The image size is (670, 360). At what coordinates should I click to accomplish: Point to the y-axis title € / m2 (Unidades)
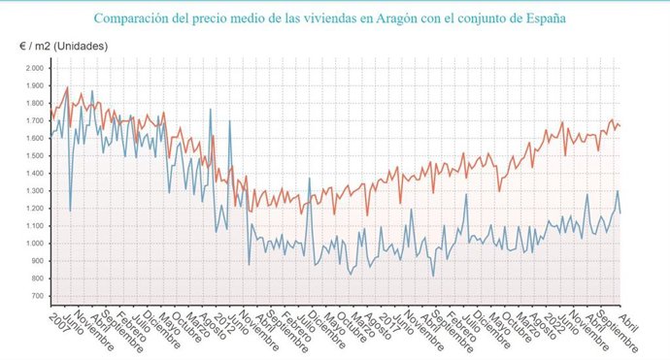[64, 47]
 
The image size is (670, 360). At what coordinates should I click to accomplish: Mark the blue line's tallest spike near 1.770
[211, 109]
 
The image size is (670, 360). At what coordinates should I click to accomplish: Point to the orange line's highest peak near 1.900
[67, 87]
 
